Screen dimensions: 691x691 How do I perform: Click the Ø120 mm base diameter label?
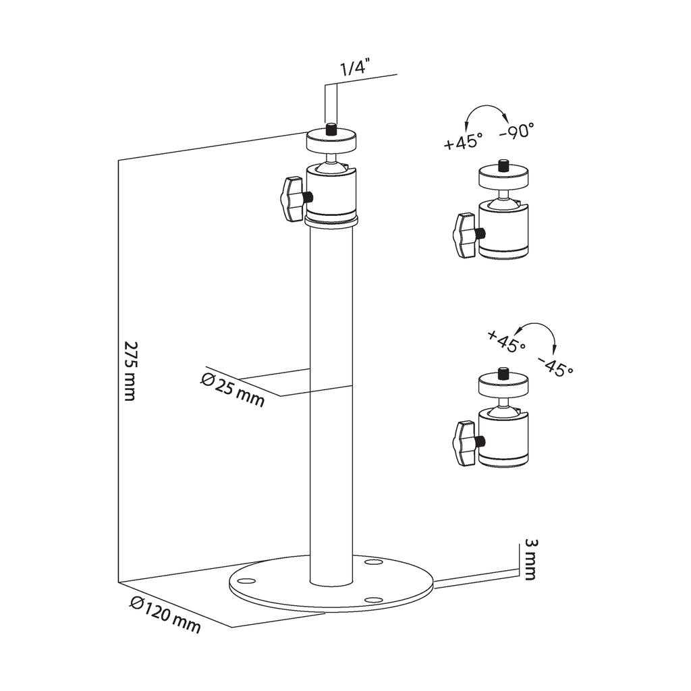click(x=165, y=615)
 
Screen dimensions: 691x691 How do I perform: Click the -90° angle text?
click(x=516, y=131)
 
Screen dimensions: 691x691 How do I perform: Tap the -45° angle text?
click(x=555, y=365)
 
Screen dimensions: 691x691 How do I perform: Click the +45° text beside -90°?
click(x=464, y=141)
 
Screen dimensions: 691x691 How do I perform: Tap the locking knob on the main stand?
click(x=292, y=199)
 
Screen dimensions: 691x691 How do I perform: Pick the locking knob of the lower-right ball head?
click(x=466, y=443)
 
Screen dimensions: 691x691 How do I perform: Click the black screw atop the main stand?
click(x=331, y=128)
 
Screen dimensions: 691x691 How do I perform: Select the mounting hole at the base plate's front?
click(x=371, y=599)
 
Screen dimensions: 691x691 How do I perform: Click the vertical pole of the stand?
click(x=331, y=405)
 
